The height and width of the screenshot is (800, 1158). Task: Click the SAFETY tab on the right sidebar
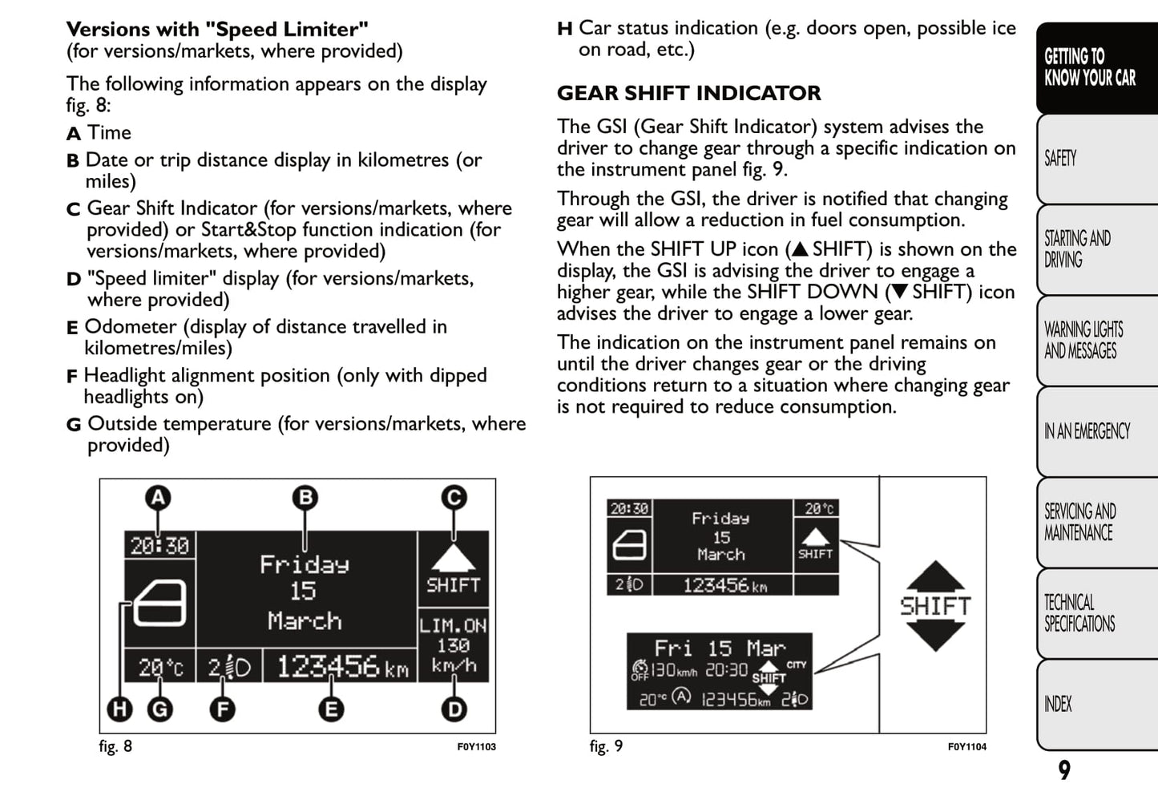click(x=1061, y=159)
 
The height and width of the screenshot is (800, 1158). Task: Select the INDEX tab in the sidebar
click(x=1058, y=704)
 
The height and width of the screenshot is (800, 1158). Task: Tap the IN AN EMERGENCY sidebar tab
click(x=1087, y=431)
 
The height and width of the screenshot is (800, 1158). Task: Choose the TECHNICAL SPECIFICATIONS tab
click(x=1079, y=613)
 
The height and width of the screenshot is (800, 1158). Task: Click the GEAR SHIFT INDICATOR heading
click(x=688, y=93)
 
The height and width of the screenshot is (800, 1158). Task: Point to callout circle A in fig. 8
click(x=159, y=498)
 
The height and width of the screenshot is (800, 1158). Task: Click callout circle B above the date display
click(x=305, y=498)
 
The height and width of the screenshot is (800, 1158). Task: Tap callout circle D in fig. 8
click(x=454, y=709)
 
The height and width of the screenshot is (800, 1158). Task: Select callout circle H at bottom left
click(x=120, y=709)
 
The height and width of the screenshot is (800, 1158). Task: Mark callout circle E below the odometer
click(x=330, y=709)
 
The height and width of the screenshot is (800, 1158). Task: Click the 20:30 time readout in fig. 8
click(x=159, y=546)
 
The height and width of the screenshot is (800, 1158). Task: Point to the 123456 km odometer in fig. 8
click(x=341, y=666)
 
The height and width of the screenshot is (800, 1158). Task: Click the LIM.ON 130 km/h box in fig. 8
click(x=453, y=645)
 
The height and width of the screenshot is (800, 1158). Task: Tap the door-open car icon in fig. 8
click(x=160, y=603)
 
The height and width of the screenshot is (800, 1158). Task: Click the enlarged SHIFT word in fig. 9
click(x=934, y=606)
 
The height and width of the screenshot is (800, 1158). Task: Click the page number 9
click(x=1064, y=770)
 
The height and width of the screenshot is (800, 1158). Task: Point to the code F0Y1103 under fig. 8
click(x=476, y=747)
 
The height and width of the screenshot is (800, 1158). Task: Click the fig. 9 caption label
click(x=606, y=746)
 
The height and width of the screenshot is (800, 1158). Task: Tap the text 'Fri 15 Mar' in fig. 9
click(x=720, y=648)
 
